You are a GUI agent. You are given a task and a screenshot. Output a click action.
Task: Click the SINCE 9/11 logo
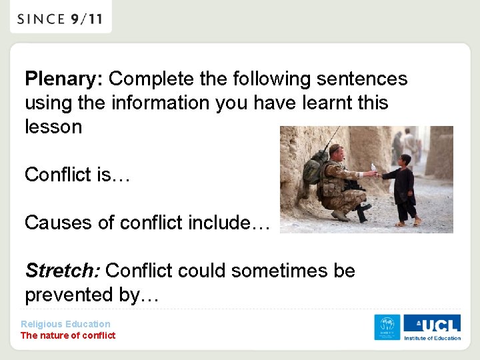(60, 19)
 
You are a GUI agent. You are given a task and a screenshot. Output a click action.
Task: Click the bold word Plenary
(62, 79)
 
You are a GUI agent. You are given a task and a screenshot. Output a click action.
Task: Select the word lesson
(53, 127)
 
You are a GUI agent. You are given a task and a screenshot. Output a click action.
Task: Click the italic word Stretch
(62, 271)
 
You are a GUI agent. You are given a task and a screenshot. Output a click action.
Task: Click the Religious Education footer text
(65, 324)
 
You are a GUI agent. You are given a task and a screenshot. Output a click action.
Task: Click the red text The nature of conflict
(68, 335)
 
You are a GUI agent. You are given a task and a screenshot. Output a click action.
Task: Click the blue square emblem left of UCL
(387, 327)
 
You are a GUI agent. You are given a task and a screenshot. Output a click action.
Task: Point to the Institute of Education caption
(432, 338)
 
